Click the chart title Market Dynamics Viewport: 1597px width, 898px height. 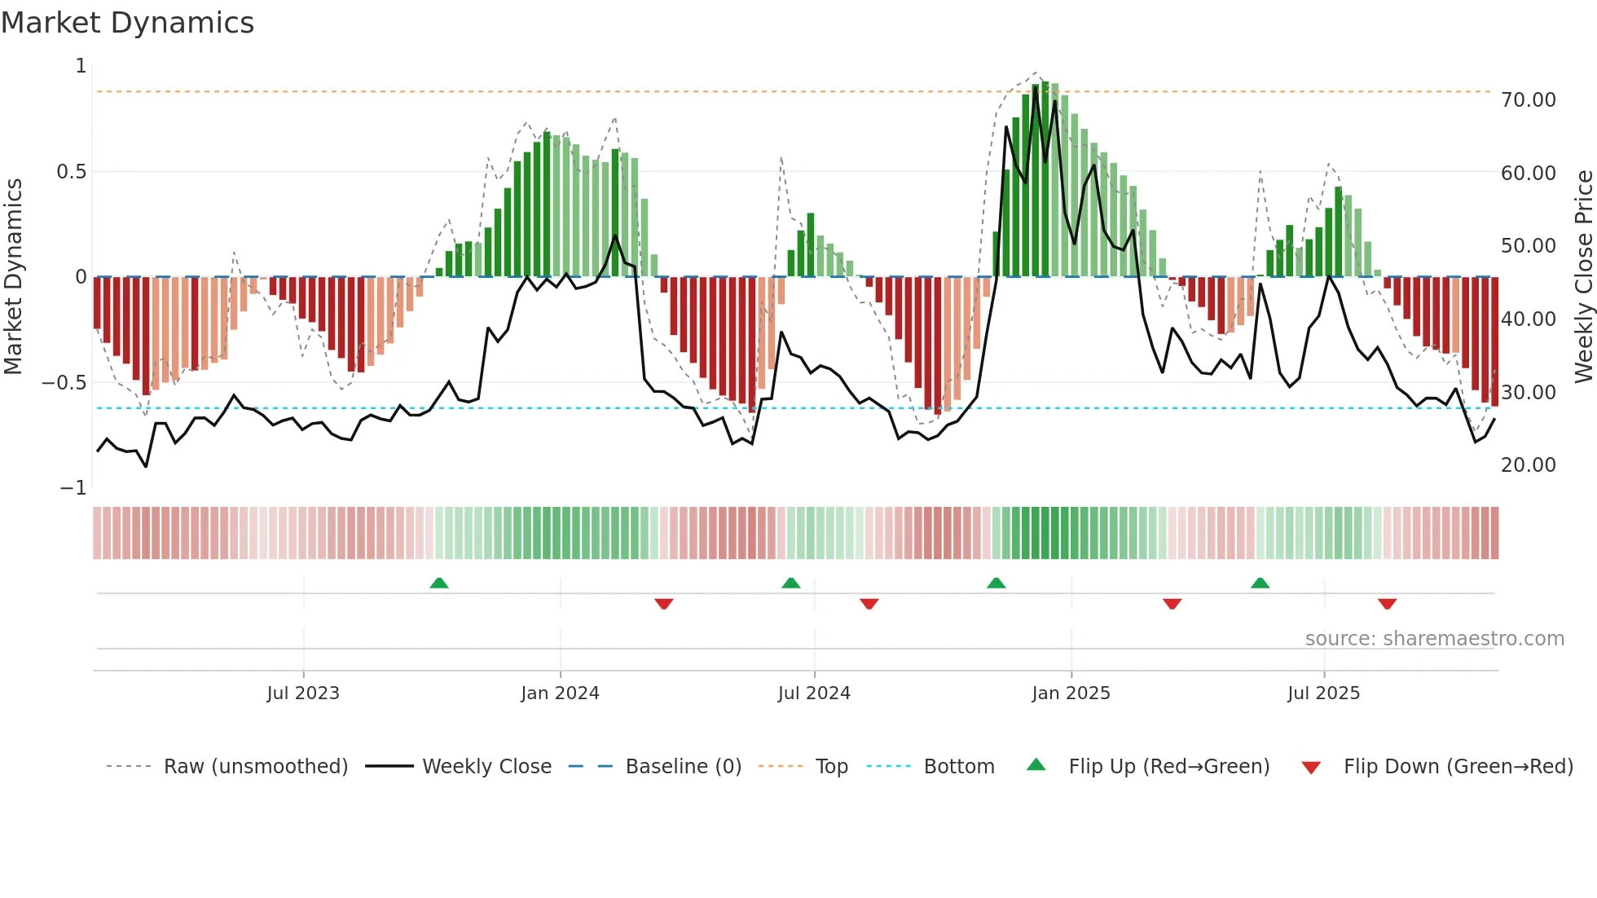127,23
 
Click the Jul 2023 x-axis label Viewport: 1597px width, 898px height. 303,693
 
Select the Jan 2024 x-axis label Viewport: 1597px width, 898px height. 560,693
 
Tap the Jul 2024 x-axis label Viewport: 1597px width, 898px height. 814,693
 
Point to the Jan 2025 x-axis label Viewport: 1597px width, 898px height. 1071,693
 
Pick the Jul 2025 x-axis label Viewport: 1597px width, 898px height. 1323,693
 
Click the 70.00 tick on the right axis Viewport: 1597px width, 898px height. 1528,100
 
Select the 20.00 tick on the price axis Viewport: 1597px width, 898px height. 1528,465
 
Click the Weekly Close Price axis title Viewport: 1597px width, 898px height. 1583,276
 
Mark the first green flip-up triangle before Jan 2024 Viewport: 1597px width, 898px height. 439,583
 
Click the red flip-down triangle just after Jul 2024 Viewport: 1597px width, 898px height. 869,604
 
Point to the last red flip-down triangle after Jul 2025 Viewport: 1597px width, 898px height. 1388,604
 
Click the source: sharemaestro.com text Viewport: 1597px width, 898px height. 1434,639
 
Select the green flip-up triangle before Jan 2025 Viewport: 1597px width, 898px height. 996,583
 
